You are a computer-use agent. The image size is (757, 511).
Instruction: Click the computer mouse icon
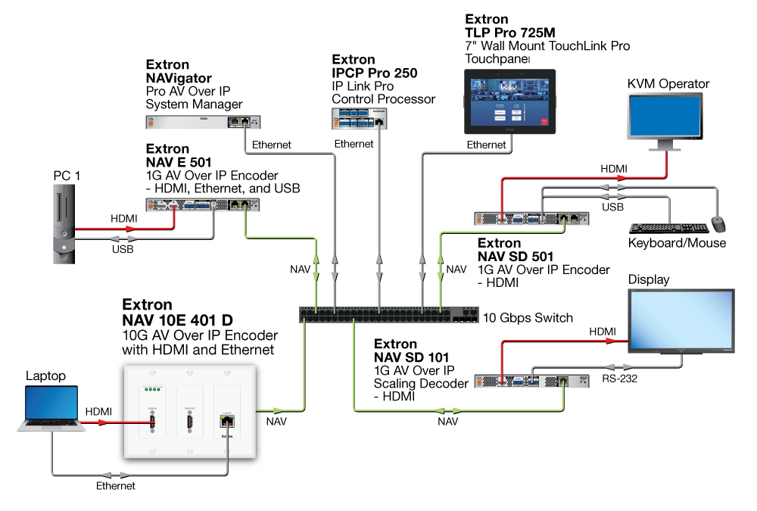point(718,224)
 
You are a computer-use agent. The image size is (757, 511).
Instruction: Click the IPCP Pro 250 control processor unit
point(360,117)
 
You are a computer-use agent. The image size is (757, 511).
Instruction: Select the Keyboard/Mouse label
point(677,243)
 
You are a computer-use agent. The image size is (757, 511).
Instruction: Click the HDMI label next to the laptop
point(98,411)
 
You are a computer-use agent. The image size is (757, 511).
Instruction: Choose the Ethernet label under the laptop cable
point(115,486)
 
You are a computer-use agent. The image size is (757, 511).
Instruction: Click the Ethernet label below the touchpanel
point(486,145)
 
